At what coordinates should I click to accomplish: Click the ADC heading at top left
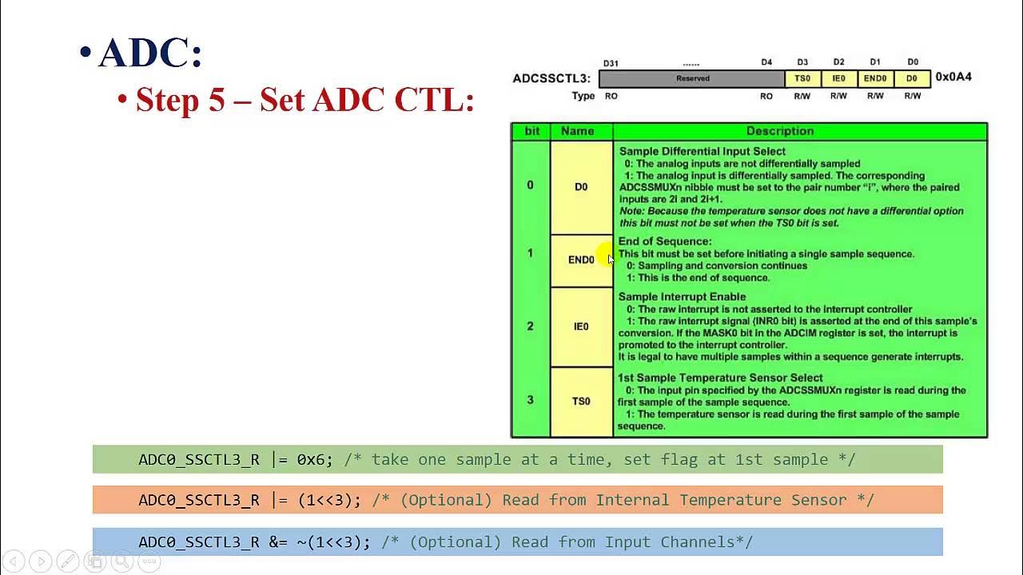point(150,54)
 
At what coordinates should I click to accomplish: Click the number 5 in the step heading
point(217,101)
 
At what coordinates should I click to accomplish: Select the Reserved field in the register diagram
point(692,78)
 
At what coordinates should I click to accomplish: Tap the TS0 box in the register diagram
point(802,78)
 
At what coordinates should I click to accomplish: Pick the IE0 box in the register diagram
point(838,78)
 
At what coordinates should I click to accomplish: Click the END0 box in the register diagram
point(875,78)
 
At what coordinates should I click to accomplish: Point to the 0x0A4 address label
point(953,77)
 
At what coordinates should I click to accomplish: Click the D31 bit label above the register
point(611,62)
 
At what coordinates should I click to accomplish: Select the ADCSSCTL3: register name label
point(551,78)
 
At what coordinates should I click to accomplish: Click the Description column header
point(779,131)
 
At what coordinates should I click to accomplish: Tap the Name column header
point(577,131)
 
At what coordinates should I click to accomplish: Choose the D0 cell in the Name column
point(581,187)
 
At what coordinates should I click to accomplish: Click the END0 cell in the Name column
point(581,260)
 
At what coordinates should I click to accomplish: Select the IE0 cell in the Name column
point(581,326)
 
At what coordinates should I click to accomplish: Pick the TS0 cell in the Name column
point(581,401)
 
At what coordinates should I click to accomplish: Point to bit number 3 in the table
point(530,400)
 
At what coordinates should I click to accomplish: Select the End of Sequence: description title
point(664,241)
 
